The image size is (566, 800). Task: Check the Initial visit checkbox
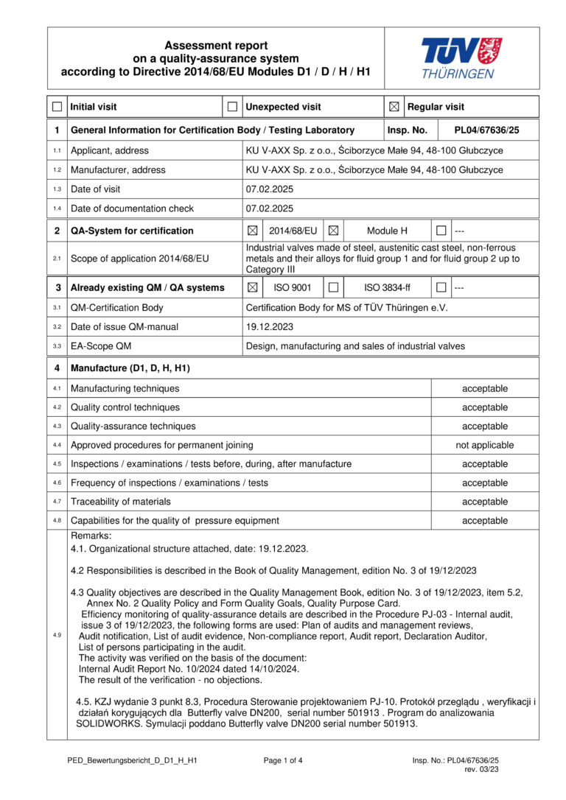(x=57, y=108)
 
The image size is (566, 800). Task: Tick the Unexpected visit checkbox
(x=232, y=108)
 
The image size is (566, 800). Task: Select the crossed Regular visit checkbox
(x=394, y=108)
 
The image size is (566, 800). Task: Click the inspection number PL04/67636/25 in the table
(x=486, y=130)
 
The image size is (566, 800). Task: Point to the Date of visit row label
(x=102, y=189)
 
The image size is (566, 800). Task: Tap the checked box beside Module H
(x=333, y=231)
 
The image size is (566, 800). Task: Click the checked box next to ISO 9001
(x=253, y=288)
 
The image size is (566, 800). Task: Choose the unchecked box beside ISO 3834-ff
(x=333, y=288)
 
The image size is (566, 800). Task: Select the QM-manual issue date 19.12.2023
(x=270, y=326)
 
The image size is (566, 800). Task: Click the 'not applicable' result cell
(x=485, y=446)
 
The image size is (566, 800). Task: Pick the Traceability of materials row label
(x=121, y=502)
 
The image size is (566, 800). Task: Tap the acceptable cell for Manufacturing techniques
(x=485, y=389)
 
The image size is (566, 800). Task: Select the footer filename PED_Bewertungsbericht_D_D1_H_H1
(x=127, y=760)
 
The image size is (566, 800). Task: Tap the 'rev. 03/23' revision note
(x=482, y=770)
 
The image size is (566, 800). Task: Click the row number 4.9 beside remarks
(x=57, y=636)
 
